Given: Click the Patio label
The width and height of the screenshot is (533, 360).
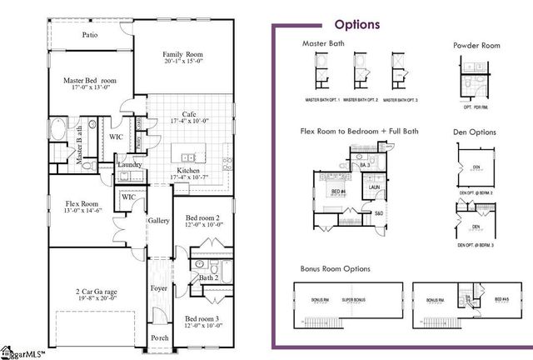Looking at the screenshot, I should click(x=90, y=36).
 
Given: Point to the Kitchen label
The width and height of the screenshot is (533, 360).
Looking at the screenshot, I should click(x=188, y=170).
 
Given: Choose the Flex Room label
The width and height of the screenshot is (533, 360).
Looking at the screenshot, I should click(x=82, y=203).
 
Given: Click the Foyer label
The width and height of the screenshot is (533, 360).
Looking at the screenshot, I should click(x=158, y=288).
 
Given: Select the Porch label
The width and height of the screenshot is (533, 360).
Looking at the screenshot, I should click(x=158, y=338).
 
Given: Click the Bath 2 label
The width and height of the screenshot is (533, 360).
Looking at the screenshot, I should click(x=207, y=277).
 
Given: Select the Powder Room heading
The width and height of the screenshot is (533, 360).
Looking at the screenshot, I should click(x=476, y=45).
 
